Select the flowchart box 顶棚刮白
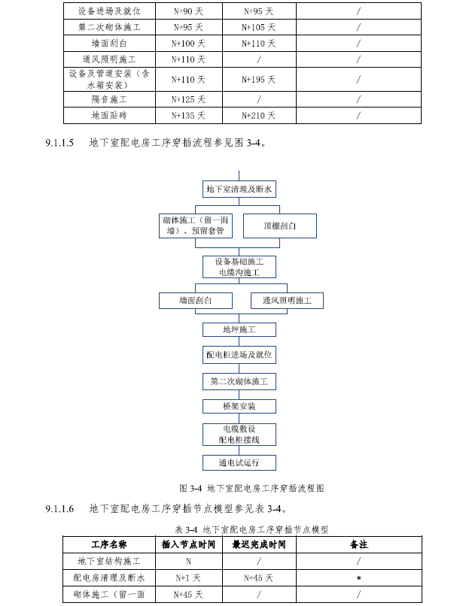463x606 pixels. (279, 226)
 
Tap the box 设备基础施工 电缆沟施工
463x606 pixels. (239, 267)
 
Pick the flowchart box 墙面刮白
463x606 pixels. (195, 301)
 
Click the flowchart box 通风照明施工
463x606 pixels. (286, 301)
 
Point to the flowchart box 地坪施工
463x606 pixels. (239, 329)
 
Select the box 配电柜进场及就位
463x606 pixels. (239, 354)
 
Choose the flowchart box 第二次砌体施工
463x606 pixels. (239, 381)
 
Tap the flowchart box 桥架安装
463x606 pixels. (239, 406)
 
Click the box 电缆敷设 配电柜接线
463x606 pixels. (239, 435)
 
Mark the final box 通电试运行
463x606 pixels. (239, 462)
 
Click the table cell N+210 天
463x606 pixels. (258, 116)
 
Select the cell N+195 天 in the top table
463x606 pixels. (258, 79)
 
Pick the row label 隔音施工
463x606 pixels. (109, 99)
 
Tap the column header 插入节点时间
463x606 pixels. (188, 544)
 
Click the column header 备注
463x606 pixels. (358, 544)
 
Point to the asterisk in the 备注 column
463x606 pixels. (358, 578)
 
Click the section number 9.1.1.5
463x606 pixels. (59, 143)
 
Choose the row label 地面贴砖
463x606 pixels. (109, 116)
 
